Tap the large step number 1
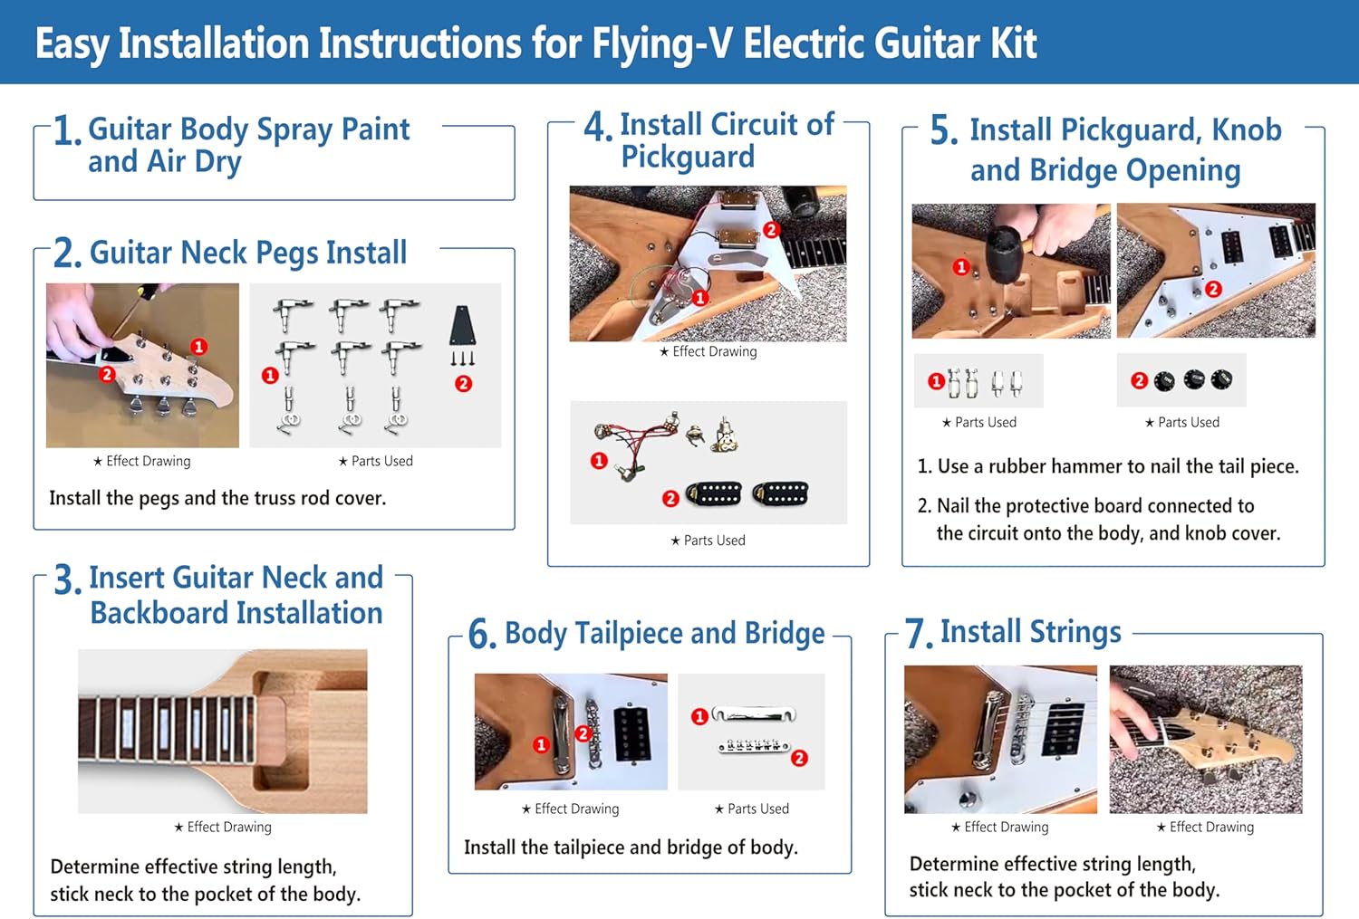(x=67, y=132)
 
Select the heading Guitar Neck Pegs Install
(x=248, y=253)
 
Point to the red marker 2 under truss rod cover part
(x=463, y=384)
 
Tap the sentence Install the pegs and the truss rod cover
(x=217, y=498)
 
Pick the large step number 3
(x=67, y=581)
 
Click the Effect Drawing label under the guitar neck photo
(x=223, y=827)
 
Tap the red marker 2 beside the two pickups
(x=670, y=498)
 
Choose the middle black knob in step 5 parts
(x=1193, y=380)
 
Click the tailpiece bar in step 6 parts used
(x=754, y=715)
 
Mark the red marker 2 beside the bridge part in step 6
(x=799, y=758)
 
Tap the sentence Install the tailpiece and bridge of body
(x=631, y=847)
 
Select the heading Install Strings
(x=1030, y=631)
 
